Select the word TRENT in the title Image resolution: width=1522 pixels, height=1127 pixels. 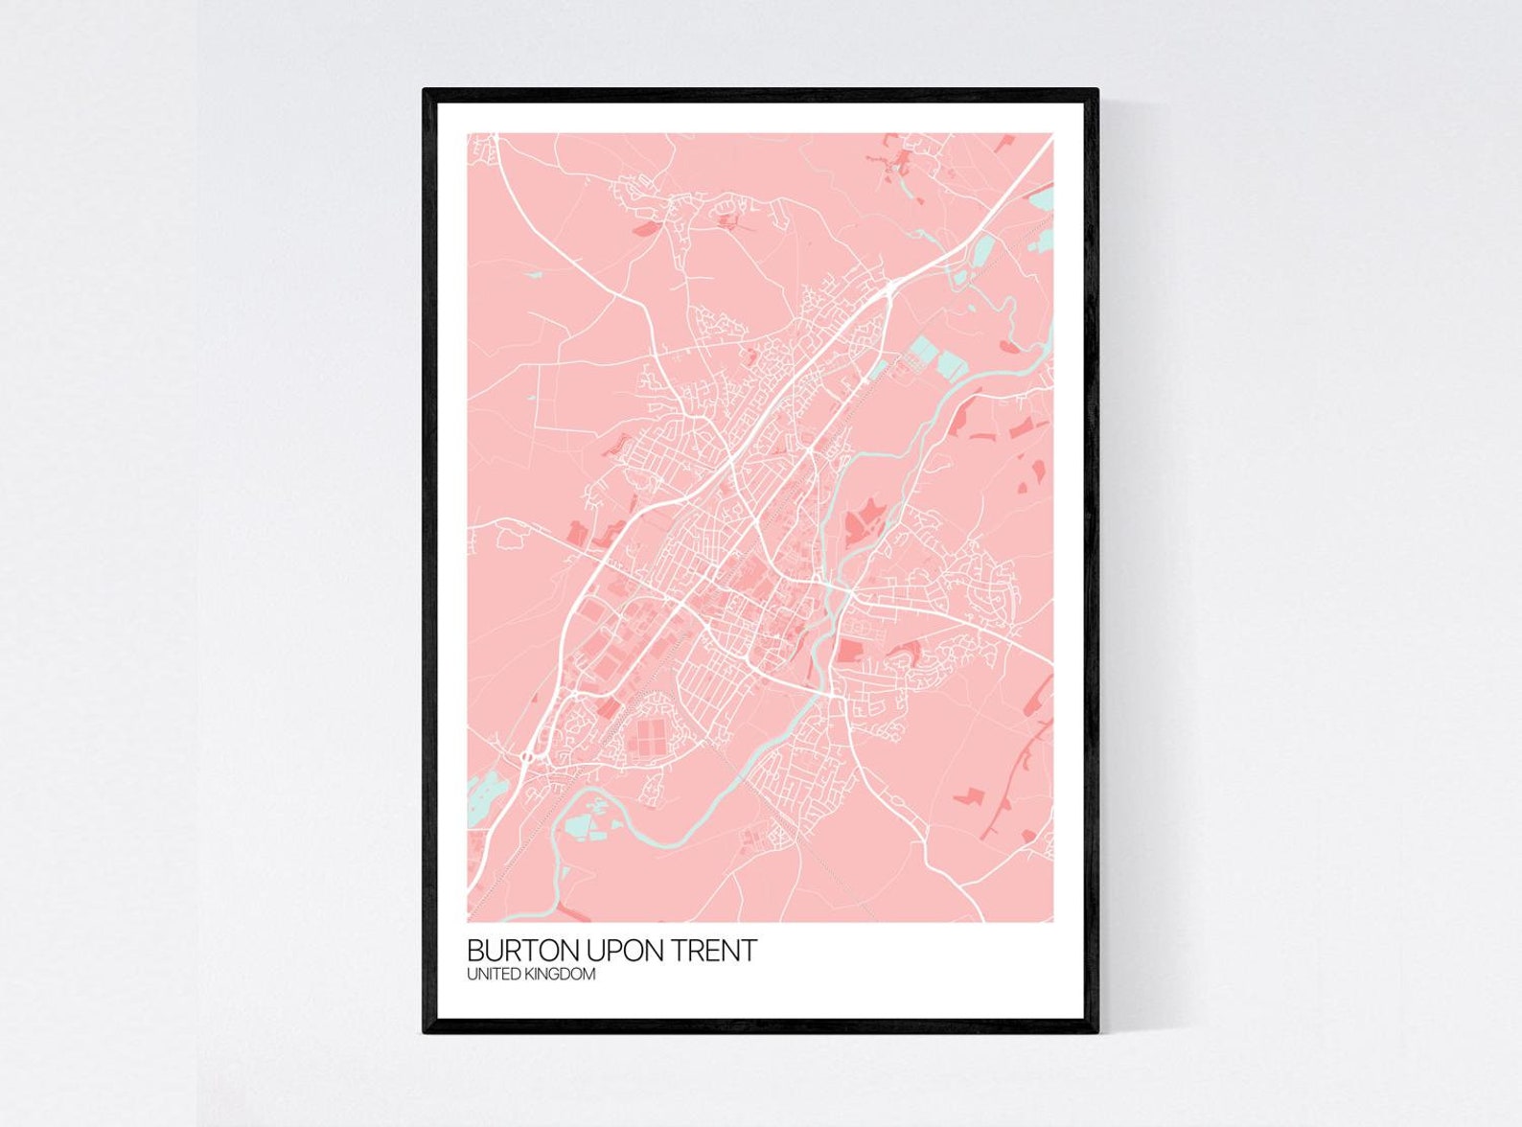tap(714, 951)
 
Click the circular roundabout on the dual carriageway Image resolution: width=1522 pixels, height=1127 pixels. tap(528, 757)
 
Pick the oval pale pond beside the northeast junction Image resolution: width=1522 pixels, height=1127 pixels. tap(982, 250)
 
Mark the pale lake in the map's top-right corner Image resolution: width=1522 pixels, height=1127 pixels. tap(1041, 199)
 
